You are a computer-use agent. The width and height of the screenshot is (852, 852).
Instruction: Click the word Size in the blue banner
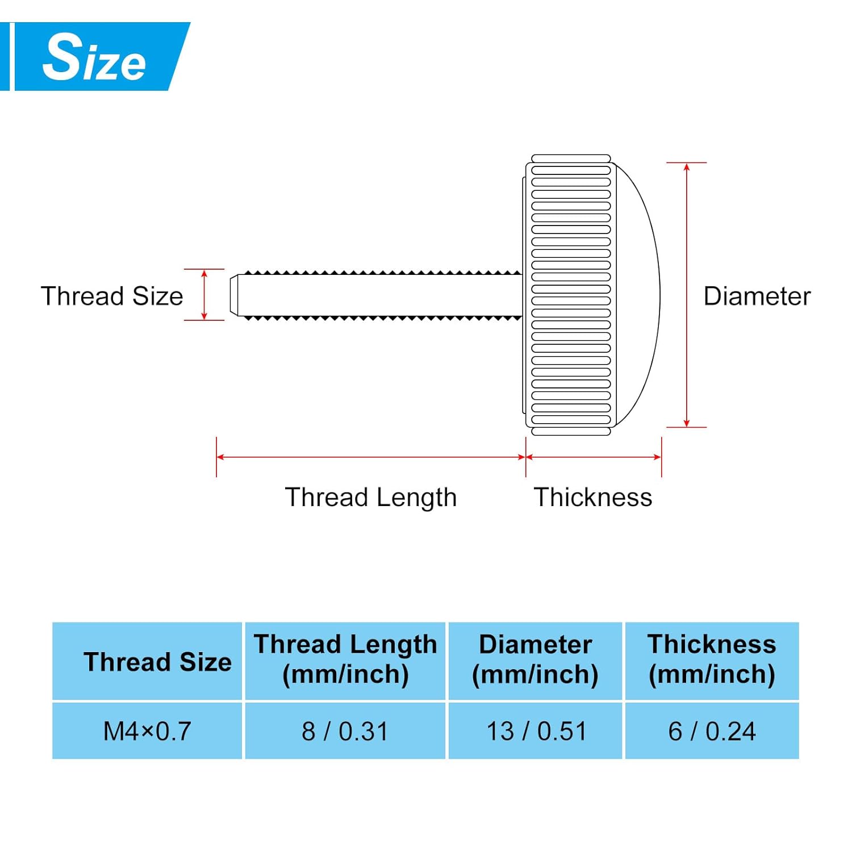click(94, 57)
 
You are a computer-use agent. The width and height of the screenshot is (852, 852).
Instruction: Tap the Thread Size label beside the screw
click(112, 296)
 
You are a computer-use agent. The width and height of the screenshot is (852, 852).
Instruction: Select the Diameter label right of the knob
click(757, 296)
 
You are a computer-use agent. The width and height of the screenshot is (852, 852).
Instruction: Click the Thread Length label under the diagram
click(370, 497)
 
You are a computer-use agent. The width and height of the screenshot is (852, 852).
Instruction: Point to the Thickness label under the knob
click(592, 497)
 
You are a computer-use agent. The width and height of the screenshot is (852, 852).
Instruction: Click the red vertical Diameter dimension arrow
click(687, 295)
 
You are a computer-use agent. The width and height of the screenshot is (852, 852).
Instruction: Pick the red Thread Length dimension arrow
click(370, 457)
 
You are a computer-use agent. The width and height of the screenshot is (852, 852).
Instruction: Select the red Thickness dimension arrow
click(594, 457)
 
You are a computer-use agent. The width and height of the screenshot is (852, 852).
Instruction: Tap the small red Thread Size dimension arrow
click(204, 295)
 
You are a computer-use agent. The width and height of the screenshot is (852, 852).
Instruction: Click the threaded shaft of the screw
click(381, 295)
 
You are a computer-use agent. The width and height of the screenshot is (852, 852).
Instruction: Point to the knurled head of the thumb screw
click(570, 295)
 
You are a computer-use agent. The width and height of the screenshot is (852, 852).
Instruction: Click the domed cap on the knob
click(639, 295)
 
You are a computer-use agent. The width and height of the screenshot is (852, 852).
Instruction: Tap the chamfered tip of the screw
click(233, 295)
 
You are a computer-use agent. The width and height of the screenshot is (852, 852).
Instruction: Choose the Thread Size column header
click(157, 662)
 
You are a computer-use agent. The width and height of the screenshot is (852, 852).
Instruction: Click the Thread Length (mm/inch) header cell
click(345, 659)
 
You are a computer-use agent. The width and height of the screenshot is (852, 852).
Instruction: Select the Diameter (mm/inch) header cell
click(535, 659)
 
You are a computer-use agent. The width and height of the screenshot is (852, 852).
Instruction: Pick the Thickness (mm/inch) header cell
click(712, 659)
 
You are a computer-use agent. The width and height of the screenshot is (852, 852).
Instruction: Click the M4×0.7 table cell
click(147, 731)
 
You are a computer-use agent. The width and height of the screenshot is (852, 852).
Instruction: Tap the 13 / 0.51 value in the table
click(536, 731)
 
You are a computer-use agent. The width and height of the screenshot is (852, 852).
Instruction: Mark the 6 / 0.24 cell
click(712, 731)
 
